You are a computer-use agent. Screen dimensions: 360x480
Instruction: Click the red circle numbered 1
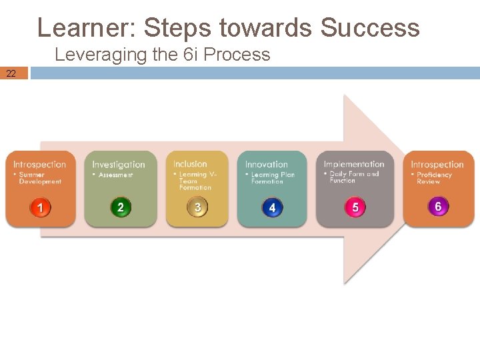pyautogui.click(x=40, y=208)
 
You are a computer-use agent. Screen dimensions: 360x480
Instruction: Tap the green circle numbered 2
pyautogui.click(x=120, y=207)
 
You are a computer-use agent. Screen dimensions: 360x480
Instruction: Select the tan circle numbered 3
pyautogui.click(x=197, y=207)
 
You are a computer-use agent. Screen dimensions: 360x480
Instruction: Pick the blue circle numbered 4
pyautogui.click(x=272, y=208)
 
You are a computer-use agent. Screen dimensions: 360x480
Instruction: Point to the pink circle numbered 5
pyautogui.click(x=355, y=207)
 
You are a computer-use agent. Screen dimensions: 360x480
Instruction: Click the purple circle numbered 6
pyautogui.click(x=438, y=207)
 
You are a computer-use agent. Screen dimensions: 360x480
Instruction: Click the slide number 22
pyautogui.click(x=11, y=73)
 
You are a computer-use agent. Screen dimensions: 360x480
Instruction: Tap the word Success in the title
pyautogui.click(x=370, y=28)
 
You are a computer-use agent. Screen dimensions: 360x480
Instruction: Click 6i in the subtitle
pyautogui.click(x=191, y=55)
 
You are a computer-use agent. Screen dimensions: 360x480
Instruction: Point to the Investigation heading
pyautogui.click(x=118, y=165)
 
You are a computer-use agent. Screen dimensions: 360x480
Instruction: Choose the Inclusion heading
pyautogui.click(x=190, y=164)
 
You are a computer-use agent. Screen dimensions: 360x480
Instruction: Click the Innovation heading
pyautogui.click(x=267, y=165)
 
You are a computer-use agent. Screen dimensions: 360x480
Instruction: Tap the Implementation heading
pyautogui.click(x=354, y=164)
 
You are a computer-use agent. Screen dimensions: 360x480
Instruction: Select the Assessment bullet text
pyautogui.click(x=115, y=175)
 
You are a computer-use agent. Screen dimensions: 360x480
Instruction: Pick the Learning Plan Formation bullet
pyautogui.click(x=272, y=178)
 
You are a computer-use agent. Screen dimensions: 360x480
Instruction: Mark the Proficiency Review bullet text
pyautogui.click(x=434, y=178)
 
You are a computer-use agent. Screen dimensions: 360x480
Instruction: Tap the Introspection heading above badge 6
pyautogui.click(x=437, y=165)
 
